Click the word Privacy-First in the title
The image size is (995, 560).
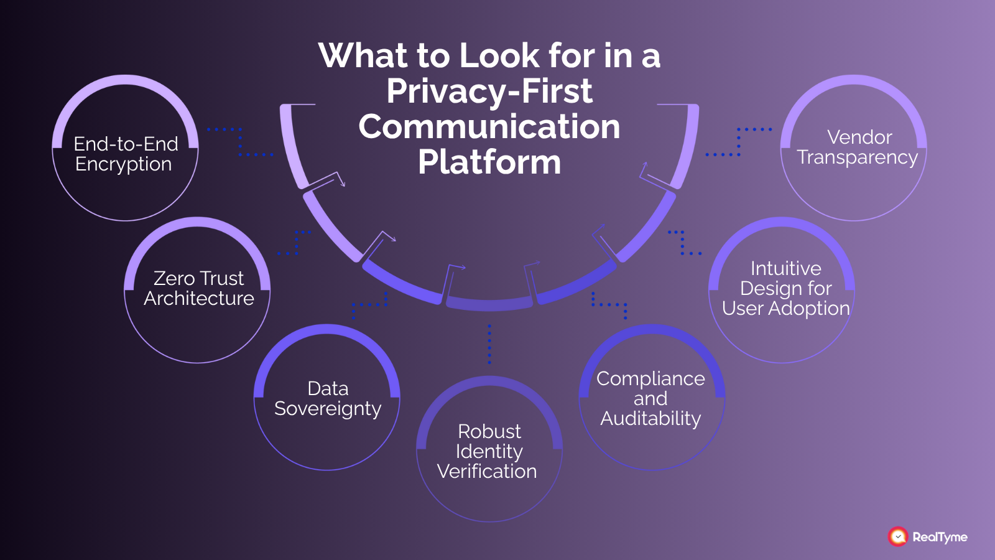pos(489,91)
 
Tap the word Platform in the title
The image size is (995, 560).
pos(489,162)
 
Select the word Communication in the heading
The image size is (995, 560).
pos(489,127)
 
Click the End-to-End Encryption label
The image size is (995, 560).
pos(125,154)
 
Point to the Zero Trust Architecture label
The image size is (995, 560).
pos(198,288)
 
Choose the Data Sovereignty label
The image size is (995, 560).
pos(328,398)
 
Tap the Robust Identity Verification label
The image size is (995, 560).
pos(488,451)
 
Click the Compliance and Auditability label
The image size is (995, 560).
pos(650,398)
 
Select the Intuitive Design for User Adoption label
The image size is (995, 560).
pos(785,288)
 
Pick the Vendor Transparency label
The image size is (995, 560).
pos(858,147)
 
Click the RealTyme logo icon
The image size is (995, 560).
pos(898,536)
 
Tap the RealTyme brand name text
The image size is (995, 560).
pos(940,537)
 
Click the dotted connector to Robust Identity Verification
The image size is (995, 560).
pos(489,343)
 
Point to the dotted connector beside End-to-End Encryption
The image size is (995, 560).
pos(240,142)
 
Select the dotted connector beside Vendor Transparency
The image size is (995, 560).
pos(739,142)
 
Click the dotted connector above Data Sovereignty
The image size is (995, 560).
pos(369,304)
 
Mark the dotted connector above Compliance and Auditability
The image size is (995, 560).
pos(609,304)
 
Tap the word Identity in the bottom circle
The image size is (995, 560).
pos(489,451)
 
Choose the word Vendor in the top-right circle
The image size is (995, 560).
pos(859,137)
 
